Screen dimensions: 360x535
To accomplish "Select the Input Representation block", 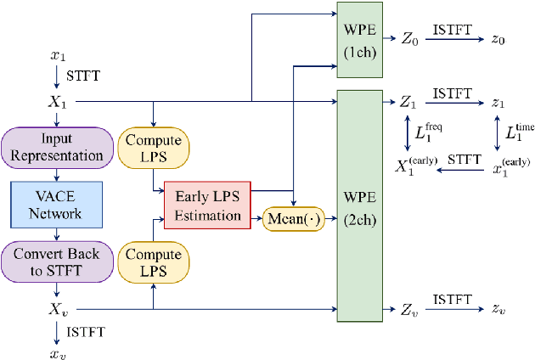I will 58,147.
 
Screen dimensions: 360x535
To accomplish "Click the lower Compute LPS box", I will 153,262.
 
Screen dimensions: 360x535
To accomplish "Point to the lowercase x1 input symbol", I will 58,55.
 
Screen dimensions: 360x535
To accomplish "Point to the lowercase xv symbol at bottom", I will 58,350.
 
